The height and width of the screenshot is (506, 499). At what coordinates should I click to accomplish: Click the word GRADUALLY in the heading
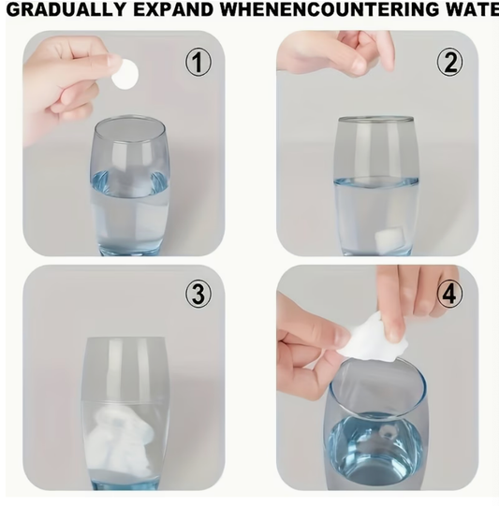coord(66,10)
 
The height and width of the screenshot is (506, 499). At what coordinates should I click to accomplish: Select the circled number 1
coord(198,63)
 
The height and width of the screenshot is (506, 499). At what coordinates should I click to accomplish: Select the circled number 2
coord(449,63)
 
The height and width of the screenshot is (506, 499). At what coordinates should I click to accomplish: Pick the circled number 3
coord(198,294)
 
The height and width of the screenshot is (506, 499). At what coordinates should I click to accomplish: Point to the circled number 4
coord(449,294)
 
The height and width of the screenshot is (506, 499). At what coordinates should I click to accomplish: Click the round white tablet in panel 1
coord(125,75)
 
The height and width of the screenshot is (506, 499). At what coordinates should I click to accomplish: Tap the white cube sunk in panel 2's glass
coord(389,239)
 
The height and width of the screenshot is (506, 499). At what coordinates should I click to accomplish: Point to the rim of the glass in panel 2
coord(376,120)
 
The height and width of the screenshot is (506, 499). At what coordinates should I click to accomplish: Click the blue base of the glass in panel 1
coord(129,249)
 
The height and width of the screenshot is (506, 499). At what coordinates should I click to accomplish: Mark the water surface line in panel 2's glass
coord(376,181)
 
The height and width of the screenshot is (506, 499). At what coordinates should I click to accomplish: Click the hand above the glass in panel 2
coord(339,52)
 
